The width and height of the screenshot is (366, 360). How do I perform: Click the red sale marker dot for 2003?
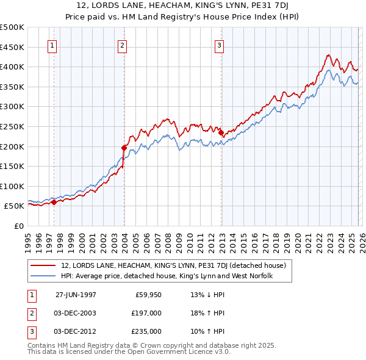click(124, 147)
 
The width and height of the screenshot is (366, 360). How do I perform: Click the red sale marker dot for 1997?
click(54, 202)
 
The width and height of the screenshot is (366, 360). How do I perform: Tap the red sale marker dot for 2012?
click(221, 132)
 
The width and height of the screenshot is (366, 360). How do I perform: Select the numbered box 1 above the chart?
click(52, 45)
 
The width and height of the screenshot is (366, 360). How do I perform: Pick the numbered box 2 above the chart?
click(122, 45)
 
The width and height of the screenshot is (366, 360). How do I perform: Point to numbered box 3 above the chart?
click(219, 45)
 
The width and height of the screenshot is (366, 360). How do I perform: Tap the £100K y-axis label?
click(12, 186)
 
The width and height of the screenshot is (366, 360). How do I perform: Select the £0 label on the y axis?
click(18, 226)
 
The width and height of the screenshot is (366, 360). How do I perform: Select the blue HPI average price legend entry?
click(166, 276)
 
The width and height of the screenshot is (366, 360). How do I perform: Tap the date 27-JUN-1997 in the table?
click(76, 294)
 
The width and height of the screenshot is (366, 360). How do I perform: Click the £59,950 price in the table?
click(148, 294)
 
